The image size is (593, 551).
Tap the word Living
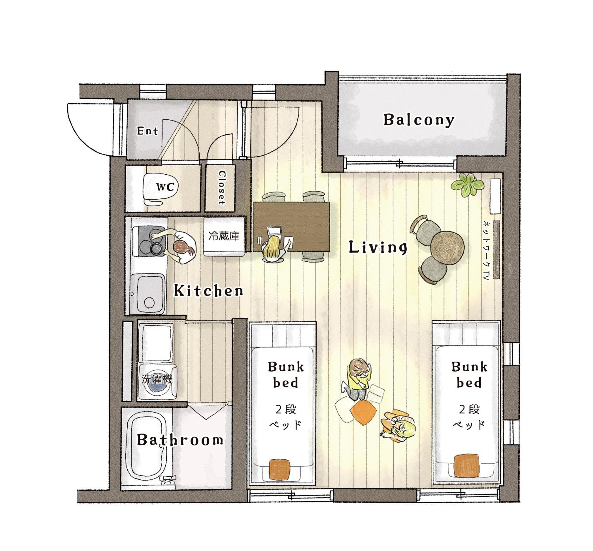[x=378, y=248]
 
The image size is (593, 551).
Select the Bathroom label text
[x=180, y=439]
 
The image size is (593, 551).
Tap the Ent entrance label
[x=147, y=131]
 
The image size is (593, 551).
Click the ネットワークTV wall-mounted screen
[x=496, y=250]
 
